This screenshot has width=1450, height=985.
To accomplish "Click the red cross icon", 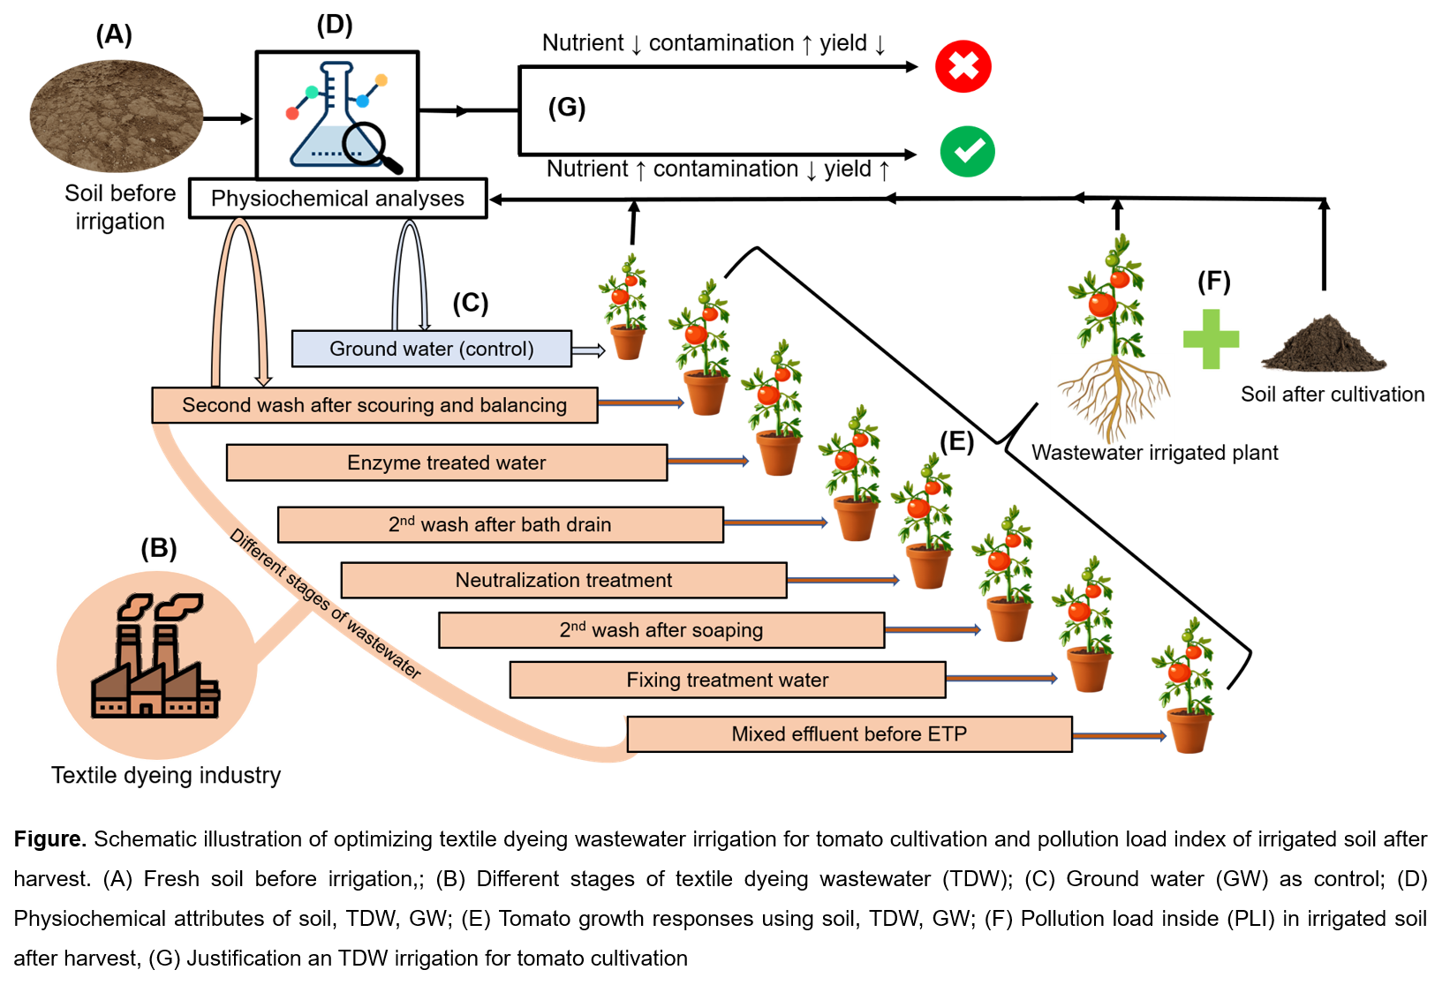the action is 963,66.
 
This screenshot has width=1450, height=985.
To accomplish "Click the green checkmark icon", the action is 967,152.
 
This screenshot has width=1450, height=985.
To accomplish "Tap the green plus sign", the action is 1211,339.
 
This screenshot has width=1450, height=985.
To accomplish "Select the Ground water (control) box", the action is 432,349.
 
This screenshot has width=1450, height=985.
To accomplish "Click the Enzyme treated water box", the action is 447,462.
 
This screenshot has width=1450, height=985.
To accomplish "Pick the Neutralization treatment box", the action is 563,580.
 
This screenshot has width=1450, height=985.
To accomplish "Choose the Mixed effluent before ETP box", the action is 850,734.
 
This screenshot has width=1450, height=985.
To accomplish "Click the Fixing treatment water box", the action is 728,680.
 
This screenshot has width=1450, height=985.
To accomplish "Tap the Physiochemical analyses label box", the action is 338,198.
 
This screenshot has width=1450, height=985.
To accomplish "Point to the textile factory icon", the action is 155,655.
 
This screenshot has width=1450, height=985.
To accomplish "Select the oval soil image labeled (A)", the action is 117,117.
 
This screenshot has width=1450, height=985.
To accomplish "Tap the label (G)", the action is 566,108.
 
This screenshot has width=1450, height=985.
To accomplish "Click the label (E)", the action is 956,441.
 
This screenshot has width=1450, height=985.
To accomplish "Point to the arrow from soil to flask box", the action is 228,118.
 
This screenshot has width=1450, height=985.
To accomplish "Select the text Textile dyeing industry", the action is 166,775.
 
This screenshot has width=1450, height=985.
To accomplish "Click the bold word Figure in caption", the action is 49,838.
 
